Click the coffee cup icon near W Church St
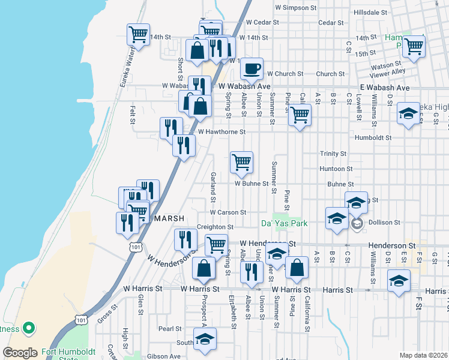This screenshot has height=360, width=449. click(252, 68)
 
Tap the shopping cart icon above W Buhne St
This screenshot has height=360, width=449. click(241, 161)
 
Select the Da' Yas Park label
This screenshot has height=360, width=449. click(284, 223)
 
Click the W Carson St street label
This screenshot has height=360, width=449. click(228, 212)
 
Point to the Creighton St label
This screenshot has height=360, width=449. click(215, 227)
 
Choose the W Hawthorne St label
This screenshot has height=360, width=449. click(221, 131)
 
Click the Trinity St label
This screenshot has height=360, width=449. click(333, 154)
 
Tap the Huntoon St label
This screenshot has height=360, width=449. click(332, 169)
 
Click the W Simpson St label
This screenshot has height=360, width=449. click(295, 8)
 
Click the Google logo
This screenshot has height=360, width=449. click(20, 353)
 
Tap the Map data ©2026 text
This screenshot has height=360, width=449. click(423, 355)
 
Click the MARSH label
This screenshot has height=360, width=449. click(168, 218)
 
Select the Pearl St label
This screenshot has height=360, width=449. click(170, 329)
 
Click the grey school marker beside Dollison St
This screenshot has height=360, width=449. click(357, 224)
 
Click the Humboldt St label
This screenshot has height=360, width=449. click(372, 137)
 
